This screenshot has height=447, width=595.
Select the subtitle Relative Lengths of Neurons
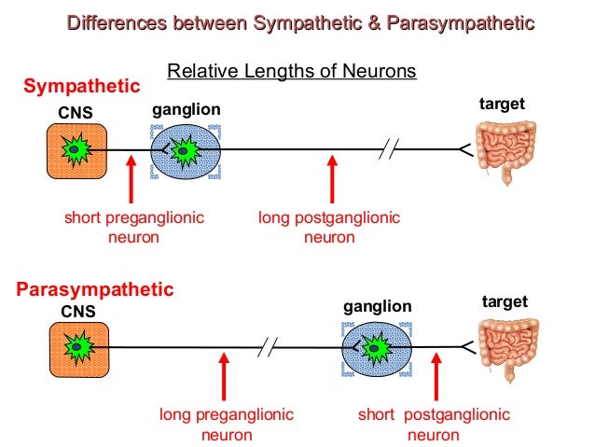point(290,71)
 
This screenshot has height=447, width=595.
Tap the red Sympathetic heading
point(81,87)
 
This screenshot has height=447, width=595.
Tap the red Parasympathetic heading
point(95,289)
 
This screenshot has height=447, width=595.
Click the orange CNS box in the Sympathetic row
point(77,150)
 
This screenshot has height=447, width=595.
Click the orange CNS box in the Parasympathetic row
point(77,348)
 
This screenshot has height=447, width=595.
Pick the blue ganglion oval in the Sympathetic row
point(186,150)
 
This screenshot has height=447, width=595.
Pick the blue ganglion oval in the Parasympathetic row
point(377,348)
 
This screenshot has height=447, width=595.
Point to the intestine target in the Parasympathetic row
point(508,348)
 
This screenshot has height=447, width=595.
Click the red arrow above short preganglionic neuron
point(131,178)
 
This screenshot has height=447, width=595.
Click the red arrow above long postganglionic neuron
point(330,178)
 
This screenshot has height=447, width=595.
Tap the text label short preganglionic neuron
point(133,228)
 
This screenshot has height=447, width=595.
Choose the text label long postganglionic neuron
point(329,228)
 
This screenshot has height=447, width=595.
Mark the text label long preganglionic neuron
point(226,425)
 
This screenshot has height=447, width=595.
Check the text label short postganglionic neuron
point(434,425)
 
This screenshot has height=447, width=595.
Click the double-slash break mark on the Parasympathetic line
point(270,348)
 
